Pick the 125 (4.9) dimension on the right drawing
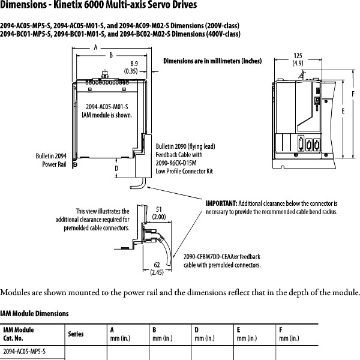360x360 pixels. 298,59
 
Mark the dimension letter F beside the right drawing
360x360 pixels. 354,94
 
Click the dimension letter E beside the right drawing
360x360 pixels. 343,112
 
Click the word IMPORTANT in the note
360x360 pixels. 221,204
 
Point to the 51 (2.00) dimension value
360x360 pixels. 160,213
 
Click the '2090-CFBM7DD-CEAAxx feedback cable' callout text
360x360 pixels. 222,260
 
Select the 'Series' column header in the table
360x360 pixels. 76,334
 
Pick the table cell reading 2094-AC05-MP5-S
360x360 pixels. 25,350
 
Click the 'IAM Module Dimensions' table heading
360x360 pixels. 34,313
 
